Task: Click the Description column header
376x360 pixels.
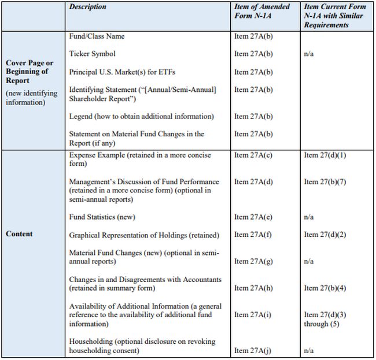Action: point(88,7)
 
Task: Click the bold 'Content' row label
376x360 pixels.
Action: point(19,234)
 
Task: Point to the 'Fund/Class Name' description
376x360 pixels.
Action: point(97,36)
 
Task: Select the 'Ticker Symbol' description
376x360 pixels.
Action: point(92,54)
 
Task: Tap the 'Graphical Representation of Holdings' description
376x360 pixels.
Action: point(144,235)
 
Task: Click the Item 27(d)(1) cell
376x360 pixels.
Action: point(323,155)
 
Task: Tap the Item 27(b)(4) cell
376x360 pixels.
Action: point(323,288)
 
